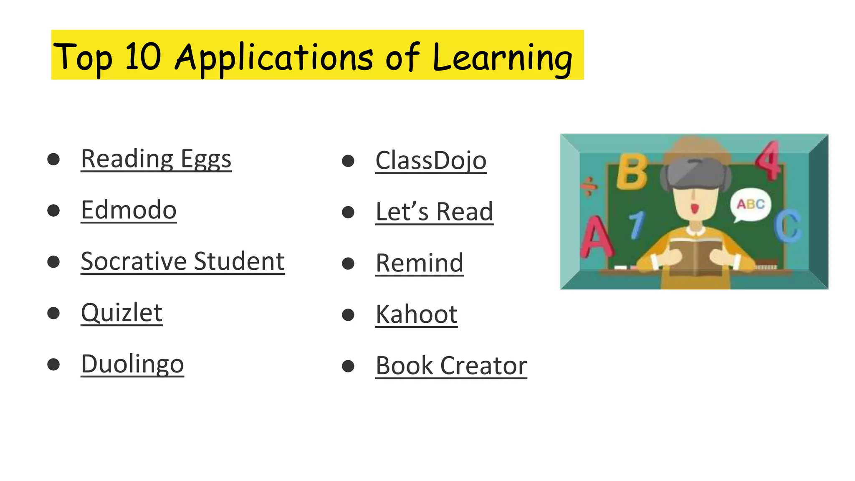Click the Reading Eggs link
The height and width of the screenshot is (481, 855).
(156, 159)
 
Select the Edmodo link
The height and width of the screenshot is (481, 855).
(129, 210)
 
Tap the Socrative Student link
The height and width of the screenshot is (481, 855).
(182, 261)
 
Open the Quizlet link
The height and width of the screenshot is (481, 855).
(121, 313)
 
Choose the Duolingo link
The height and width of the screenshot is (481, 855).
(132, 364)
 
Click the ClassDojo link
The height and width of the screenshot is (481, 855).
(431, 161)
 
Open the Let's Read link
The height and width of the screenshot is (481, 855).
(434, 212)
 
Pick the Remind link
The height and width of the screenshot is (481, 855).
(420, 263)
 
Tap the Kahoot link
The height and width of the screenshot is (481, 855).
(417, 314)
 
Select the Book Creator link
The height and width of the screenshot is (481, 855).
(451, 366)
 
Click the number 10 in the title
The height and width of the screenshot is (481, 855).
(143, 56)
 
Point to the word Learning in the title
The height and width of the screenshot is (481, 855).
(502, 58)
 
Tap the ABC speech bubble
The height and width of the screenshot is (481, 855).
(750, 205)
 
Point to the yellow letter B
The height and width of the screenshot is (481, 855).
(632, 172)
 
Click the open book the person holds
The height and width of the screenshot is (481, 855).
(695, 256)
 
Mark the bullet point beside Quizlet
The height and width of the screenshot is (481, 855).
(53, 313)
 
